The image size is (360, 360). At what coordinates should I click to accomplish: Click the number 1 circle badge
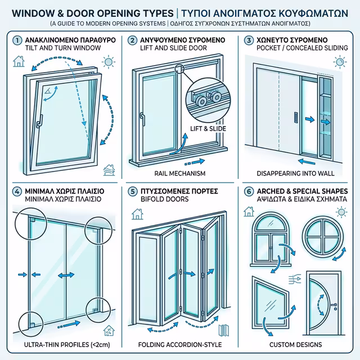point(18,40)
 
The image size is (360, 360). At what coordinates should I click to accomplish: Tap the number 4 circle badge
point(18,190)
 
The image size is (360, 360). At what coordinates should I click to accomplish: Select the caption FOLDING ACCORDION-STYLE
point(180,344)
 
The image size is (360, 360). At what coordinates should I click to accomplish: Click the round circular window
point(321,237)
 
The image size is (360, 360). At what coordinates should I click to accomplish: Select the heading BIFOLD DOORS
point(166,199)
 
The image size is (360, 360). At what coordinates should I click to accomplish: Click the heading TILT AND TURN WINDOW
point(63,49)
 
